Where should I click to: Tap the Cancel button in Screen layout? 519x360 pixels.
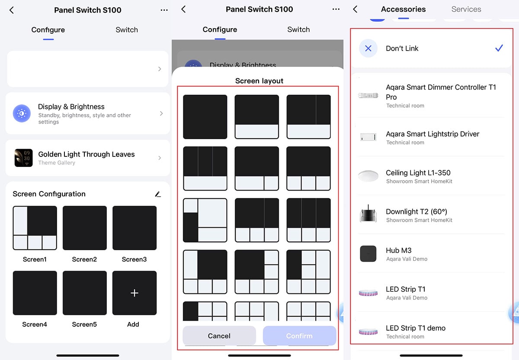(219, 335)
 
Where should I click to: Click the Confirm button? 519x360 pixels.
(299, 335)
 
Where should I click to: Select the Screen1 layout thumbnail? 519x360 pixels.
(35, 228)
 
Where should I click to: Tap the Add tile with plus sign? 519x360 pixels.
(135, 293)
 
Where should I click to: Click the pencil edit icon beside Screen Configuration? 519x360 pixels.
(158, 194)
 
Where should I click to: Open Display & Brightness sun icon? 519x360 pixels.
(22, 113)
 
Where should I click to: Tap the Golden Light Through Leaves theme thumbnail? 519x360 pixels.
(23, 158)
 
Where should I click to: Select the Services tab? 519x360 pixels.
(466, 9)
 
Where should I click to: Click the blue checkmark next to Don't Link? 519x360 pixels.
(499, 48)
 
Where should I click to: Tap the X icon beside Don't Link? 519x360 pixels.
(368, 48)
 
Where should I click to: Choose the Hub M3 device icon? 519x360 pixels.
(368, 254)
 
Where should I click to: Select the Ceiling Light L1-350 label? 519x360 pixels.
(418, 173)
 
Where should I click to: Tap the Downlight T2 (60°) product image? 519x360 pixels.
(368, 214)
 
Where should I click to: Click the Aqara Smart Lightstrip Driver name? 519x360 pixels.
(432, 134)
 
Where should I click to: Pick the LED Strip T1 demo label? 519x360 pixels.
(416, 328)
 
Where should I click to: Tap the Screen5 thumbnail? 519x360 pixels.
(85, 293)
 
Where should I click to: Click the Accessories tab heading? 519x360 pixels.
(403, 9)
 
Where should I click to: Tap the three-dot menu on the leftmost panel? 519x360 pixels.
(164, 10)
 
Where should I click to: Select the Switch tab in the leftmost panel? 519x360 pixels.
(127, 30)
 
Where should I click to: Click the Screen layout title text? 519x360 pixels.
(259, 81)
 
